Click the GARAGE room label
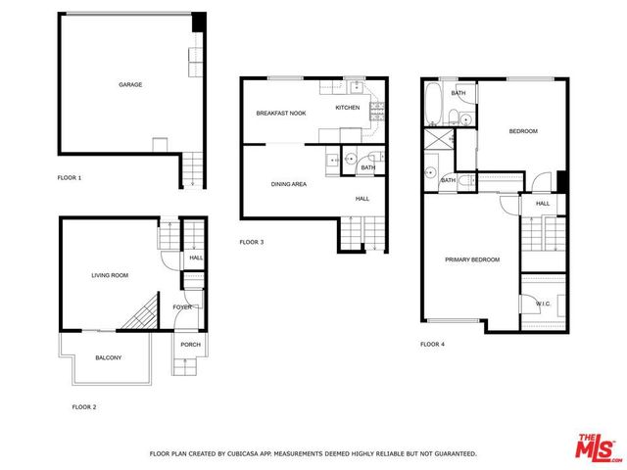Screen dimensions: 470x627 130,85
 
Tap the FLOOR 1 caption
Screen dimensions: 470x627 70,178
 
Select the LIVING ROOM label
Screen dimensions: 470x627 110,275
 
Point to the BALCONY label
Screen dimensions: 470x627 108,357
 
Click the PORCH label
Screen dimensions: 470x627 190,344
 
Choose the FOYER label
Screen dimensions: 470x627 182,307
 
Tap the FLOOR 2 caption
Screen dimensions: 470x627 84,405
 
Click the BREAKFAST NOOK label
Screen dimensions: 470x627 281,114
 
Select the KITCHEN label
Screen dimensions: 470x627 348,107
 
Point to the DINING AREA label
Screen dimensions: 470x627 289,184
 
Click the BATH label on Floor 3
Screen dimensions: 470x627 367,167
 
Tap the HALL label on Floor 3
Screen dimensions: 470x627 362,199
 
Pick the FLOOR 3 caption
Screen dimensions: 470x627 252,242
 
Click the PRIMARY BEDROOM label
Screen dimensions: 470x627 472,259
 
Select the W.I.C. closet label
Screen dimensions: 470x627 544,305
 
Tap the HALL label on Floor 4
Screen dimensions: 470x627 543,204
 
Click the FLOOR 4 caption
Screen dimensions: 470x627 432,344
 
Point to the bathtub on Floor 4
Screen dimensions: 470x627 433,104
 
